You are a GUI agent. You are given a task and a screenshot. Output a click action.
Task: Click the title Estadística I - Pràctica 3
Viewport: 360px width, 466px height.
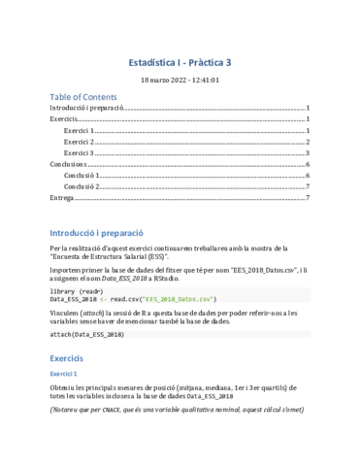[x=180, y=62]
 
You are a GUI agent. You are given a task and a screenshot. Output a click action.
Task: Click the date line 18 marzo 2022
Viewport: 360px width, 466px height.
[x=180, y=81]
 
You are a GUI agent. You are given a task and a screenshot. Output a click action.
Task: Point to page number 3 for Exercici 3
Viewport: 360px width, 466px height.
[x=307, y=152]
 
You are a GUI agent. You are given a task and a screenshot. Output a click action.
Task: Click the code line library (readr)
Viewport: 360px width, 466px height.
[x=77, y=290]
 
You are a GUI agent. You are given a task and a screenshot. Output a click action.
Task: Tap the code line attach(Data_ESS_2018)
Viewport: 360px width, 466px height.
[x=86, y=334]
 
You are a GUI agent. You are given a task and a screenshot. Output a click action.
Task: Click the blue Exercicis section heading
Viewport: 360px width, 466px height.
[x=71, y=358]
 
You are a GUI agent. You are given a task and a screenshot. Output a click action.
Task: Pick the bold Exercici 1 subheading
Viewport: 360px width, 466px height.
[x=64, y=373]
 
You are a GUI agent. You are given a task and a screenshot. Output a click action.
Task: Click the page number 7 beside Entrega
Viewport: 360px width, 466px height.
[x=307, y=197]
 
